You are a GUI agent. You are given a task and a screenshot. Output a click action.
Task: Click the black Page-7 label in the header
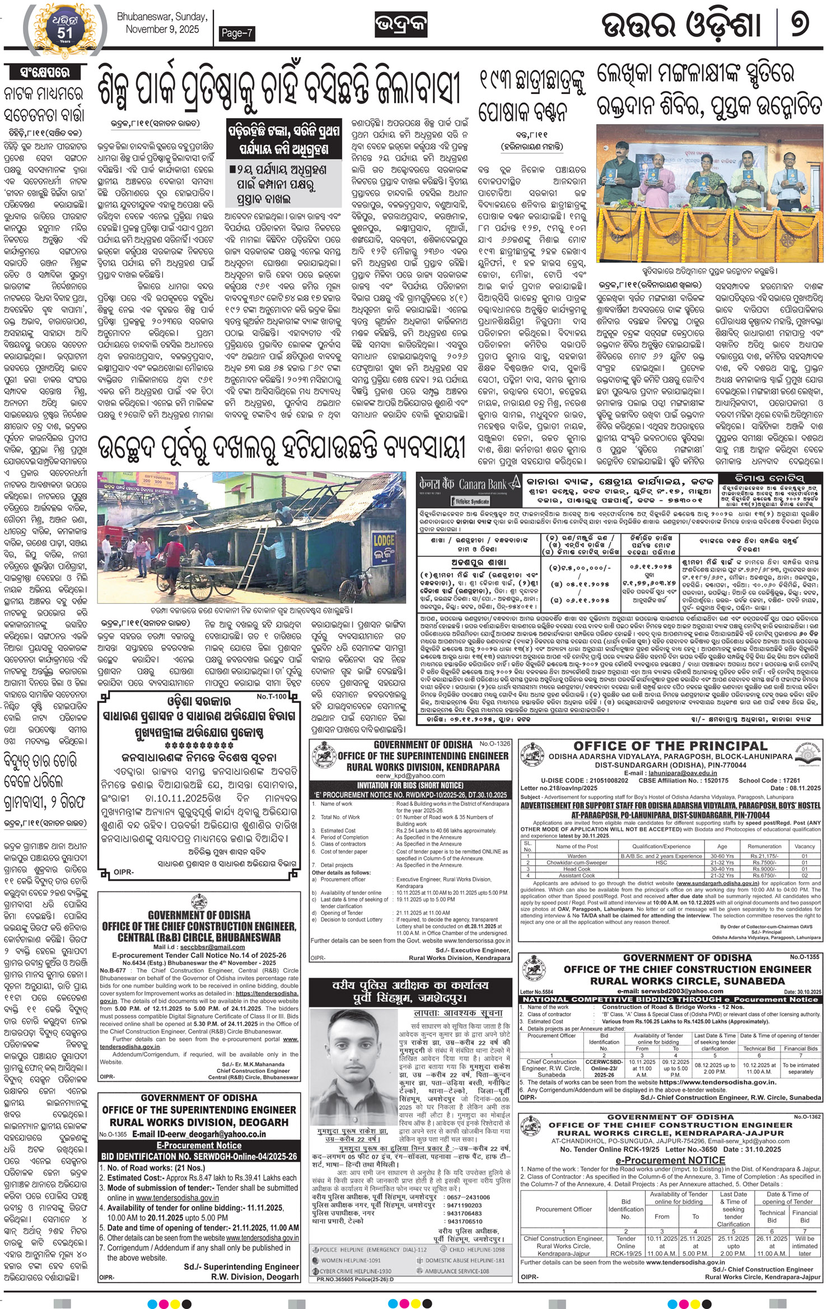pyautogui.click(x=237, y=34)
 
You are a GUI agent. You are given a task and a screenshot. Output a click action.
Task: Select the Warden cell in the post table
pyautogui.click(x=577, y=856)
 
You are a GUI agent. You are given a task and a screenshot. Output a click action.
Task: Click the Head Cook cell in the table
pyautogui.click(x=577, y=869)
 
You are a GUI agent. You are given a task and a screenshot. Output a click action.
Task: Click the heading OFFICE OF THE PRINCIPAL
pyautogui.click(x=670, y=746)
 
